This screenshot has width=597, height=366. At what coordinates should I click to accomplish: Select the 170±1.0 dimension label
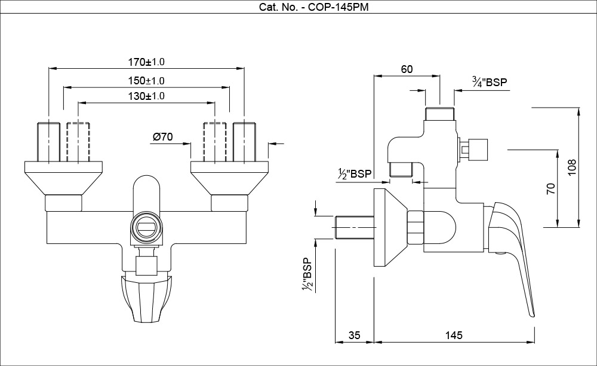(146, 62)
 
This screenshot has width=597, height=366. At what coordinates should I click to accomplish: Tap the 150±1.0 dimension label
(146, 80)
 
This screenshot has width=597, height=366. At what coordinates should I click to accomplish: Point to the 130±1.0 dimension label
(146, 96)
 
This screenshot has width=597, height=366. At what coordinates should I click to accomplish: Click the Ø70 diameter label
(163, 137)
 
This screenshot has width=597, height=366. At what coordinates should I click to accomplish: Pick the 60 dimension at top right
(407, 69)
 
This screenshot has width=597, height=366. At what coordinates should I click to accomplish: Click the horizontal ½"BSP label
(354, 174)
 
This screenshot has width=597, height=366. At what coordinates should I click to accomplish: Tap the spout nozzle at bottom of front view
(146, 299)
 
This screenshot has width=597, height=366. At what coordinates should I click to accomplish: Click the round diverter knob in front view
(146, 227)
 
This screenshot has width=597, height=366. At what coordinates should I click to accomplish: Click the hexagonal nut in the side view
(416, 228)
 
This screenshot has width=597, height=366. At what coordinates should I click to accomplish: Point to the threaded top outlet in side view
(440, 113)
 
